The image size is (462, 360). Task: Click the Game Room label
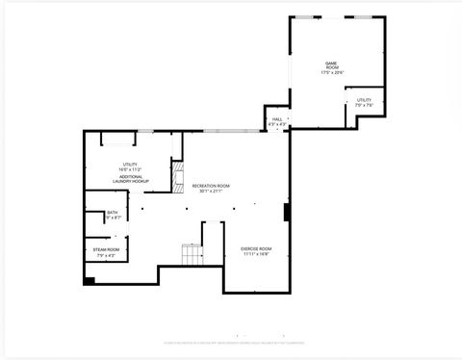[332, 64]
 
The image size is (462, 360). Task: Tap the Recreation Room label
[211, 185]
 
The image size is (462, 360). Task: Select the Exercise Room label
[255, 248]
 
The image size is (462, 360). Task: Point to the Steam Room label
[105, 249]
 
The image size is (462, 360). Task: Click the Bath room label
[99, 213]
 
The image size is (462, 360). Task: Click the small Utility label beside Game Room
[364, 99]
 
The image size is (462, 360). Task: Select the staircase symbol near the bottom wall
[193, 254]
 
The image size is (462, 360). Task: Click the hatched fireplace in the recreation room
[176, 178]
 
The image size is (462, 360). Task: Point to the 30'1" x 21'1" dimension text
[211, 191]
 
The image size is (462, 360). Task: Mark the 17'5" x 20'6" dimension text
[332, 72]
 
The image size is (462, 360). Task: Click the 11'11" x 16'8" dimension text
[255, 254]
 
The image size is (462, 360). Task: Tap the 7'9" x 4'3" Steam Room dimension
[105, 255]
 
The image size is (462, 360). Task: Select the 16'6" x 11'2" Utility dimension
[130, 169]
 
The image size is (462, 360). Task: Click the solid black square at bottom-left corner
[89, 280]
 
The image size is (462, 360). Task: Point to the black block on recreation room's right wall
[286, 212]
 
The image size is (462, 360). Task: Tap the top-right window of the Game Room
[363, 17]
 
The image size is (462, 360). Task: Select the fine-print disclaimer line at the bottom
[231, 342]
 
